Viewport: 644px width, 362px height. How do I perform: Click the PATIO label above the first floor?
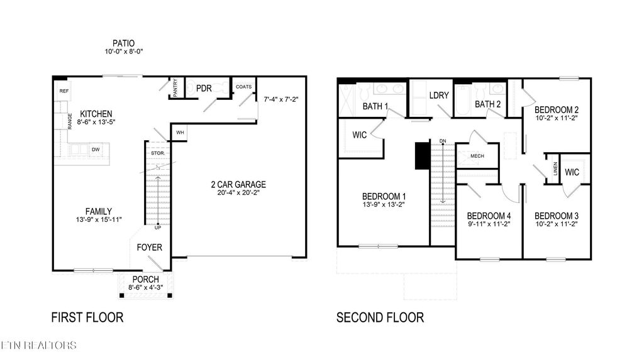[124, 43]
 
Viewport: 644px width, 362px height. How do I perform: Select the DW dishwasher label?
[96, 150]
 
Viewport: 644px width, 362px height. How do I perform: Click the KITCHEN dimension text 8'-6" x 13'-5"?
[96, 123]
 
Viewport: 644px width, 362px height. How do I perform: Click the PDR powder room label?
[203, 89]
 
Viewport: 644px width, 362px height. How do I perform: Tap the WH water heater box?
[180, 133]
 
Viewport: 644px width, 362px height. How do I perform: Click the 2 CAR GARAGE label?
[238, 184]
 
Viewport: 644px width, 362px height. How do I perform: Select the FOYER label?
[150, 247]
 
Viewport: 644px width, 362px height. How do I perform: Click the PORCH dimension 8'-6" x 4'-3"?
[145, 288]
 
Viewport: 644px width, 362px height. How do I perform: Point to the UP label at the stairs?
[149, 228]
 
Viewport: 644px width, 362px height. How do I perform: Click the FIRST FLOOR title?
[87, 317]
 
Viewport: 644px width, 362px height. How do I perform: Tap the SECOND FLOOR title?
[380, 317]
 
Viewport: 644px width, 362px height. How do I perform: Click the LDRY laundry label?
[438, 96]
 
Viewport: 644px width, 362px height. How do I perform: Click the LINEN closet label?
[555, 168]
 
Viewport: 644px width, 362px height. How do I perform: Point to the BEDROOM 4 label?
[489, 214]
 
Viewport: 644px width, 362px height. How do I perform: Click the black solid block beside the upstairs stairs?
[421, 156]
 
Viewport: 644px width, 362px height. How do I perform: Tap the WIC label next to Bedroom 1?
[360, 134]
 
